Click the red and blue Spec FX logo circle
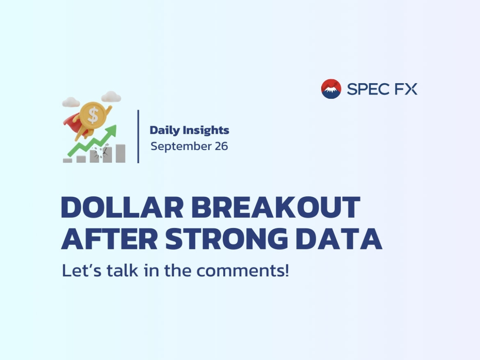[331, 89]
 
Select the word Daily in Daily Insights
[165, 131]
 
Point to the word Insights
[206, 130]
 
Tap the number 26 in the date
[221, 146]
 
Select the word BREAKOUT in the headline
[276, 207]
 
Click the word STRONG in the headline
[226, 239]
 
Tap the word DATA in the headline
[339, 239]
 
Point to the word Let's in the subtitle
[81, 270]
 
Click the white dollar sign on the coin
[93, 115]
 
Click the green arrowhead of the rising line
[111, 131]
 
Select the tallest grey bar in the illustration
[120, 153]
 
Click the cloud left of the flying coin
[71, 102]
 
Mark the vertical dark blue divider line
[138, 137]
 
